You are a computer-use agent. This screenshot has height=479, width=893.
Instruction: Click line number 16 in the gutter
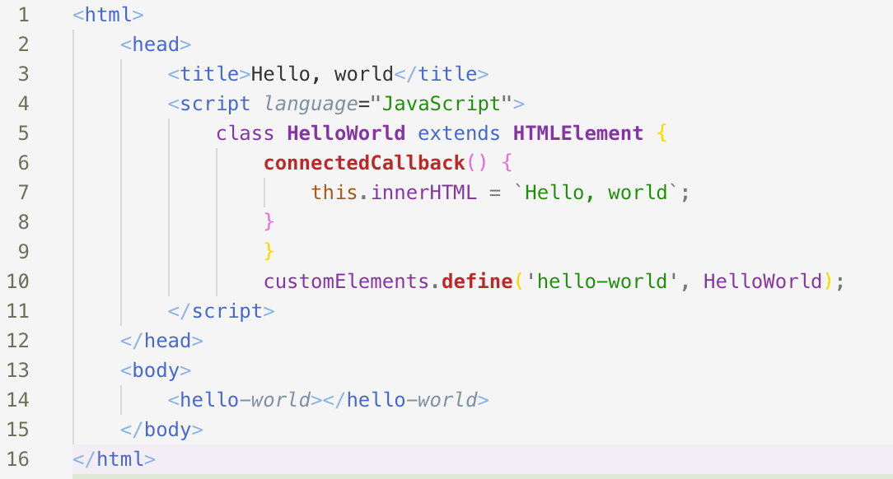click(x=17, y=459)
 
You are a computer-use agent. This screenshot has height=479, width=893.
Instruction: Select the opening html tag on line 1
click(x=108, y=15)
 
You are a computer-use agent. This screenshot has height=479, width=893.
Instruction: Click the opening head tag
click(x=156, y=44)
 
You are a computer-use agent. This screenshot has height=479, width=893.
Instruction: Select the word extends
click(x=459, y=133)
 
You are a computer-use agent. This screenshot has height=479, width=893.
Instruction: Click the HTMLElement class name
click(x=577, y=133)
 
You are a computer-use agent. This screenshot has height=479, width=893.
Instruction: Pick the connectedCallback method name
click(x=365, y=163)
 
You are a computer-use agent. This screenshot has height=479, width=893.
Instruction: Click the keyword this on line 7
click(x=334, y=193)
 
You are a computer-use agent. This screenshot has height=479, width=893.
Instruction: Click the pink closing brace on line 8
click(x=269, y=222)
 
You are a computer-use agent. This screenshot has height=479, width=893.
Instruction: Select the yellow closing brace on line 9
click(x=269, y=252)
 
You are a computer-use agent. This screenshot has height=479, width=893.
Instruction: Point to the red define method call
click(x=477, y=281)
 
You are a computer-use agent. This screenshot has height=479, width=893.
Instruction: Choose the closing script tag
click(x=221, y=311)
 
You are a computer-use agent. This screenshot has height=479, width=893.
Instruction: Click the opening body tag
click(x=156, y=370)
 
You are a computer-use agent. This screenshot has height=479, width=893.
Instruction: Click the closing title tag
click(x=442, y=74)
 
